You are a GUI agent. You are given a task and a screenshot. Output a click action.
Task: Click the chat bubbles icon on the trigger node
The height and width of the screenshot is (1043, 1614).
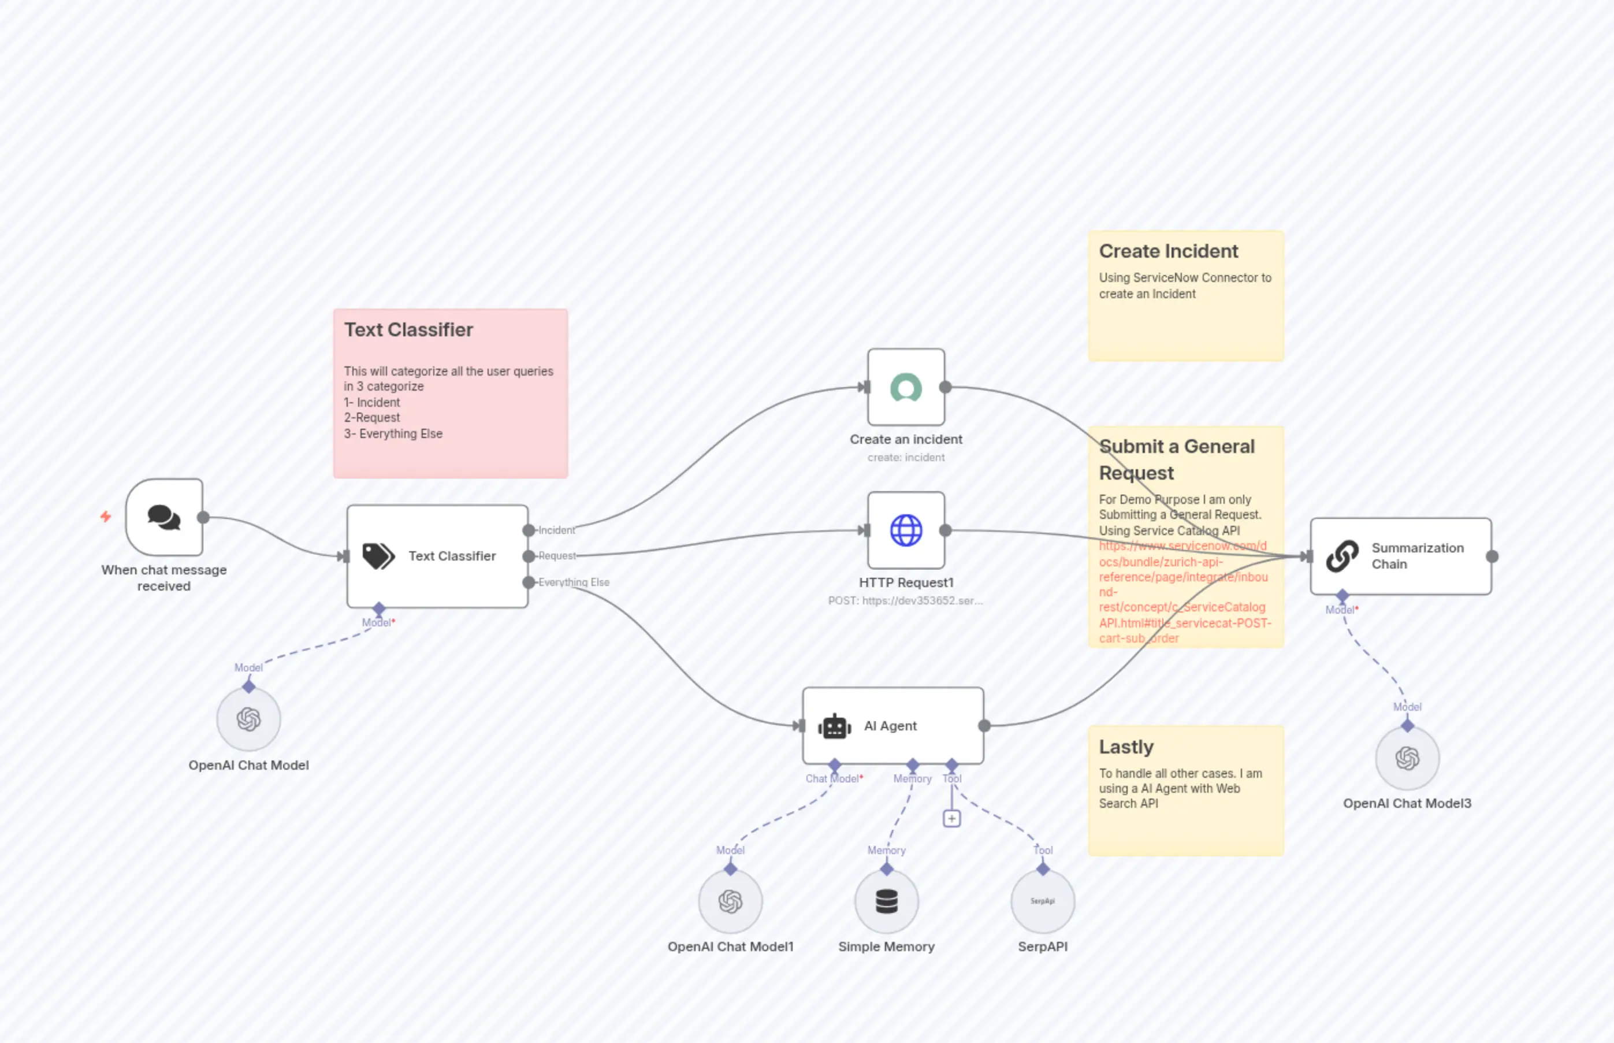click(164, 517)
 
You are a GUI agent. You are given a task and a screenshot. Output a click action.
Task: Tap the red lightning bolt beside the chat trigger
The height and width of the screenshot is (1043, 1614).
click(106, 517)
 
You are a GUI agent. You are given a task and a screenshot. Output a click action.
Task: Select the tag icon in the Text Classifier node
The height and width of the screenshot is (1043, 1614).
click(378, 556)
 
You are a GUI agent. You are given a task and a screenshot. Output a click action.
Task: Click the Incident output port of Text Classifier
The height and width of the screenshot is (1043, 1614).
click(529, 530)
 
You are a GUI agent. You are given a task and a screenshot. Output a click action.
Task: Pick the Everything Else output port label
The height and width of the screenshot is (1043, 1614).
click(574, 582)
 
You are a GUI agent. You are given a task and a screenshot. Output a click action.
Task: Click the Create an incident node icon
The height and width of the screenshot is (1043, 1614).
click(906, 387)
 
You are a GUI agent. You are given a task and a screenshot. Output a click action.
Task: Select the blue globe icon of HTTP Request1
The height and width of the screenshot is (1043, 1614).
click(906, 530)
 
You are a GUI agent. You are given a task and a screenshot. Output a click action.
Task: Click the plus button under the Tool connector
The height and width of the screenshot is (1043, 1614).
click(951, 819)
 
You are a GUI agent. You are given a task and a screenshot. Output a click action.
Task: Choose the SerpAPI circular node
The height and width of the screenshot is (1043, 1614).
click(1043, 901)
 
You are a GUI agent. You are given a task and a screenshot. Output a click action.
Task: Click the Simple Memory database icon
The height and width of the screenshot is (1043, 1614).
click(886, 901)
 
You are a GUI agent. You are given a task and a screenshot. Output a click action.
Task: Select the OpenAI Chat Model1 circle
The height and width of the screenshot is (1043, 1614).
click(731, 901)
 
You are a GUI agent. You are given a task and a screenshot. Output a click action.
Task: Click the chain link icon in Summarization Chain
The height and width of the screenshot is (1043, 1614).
click(1342, 556)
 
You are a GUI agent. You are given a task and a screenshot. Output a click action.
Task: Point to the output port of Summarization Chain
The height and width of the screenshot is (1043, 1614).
click(1492, 556)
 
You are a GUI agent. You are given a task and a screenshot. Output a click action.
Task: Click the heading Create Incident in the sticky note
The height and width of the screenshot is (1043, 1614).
click(1169, 251)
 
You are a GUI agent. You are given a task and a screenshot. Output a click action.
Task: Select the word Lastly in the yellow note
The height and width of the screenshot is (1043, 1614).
click(1126, 747)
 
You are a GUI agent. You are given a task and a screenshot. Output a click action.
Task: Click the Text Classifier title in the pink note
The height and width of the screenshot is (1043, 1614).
click(408, 330)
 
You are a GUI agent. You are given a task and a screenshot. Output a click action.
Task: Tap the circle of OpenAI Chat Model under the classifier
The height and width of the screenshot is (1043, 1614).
click(248, 719)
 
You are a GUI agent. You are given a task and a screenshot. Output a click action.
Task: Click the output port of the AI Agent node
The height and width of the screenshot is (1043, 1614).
click(984, 726)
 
